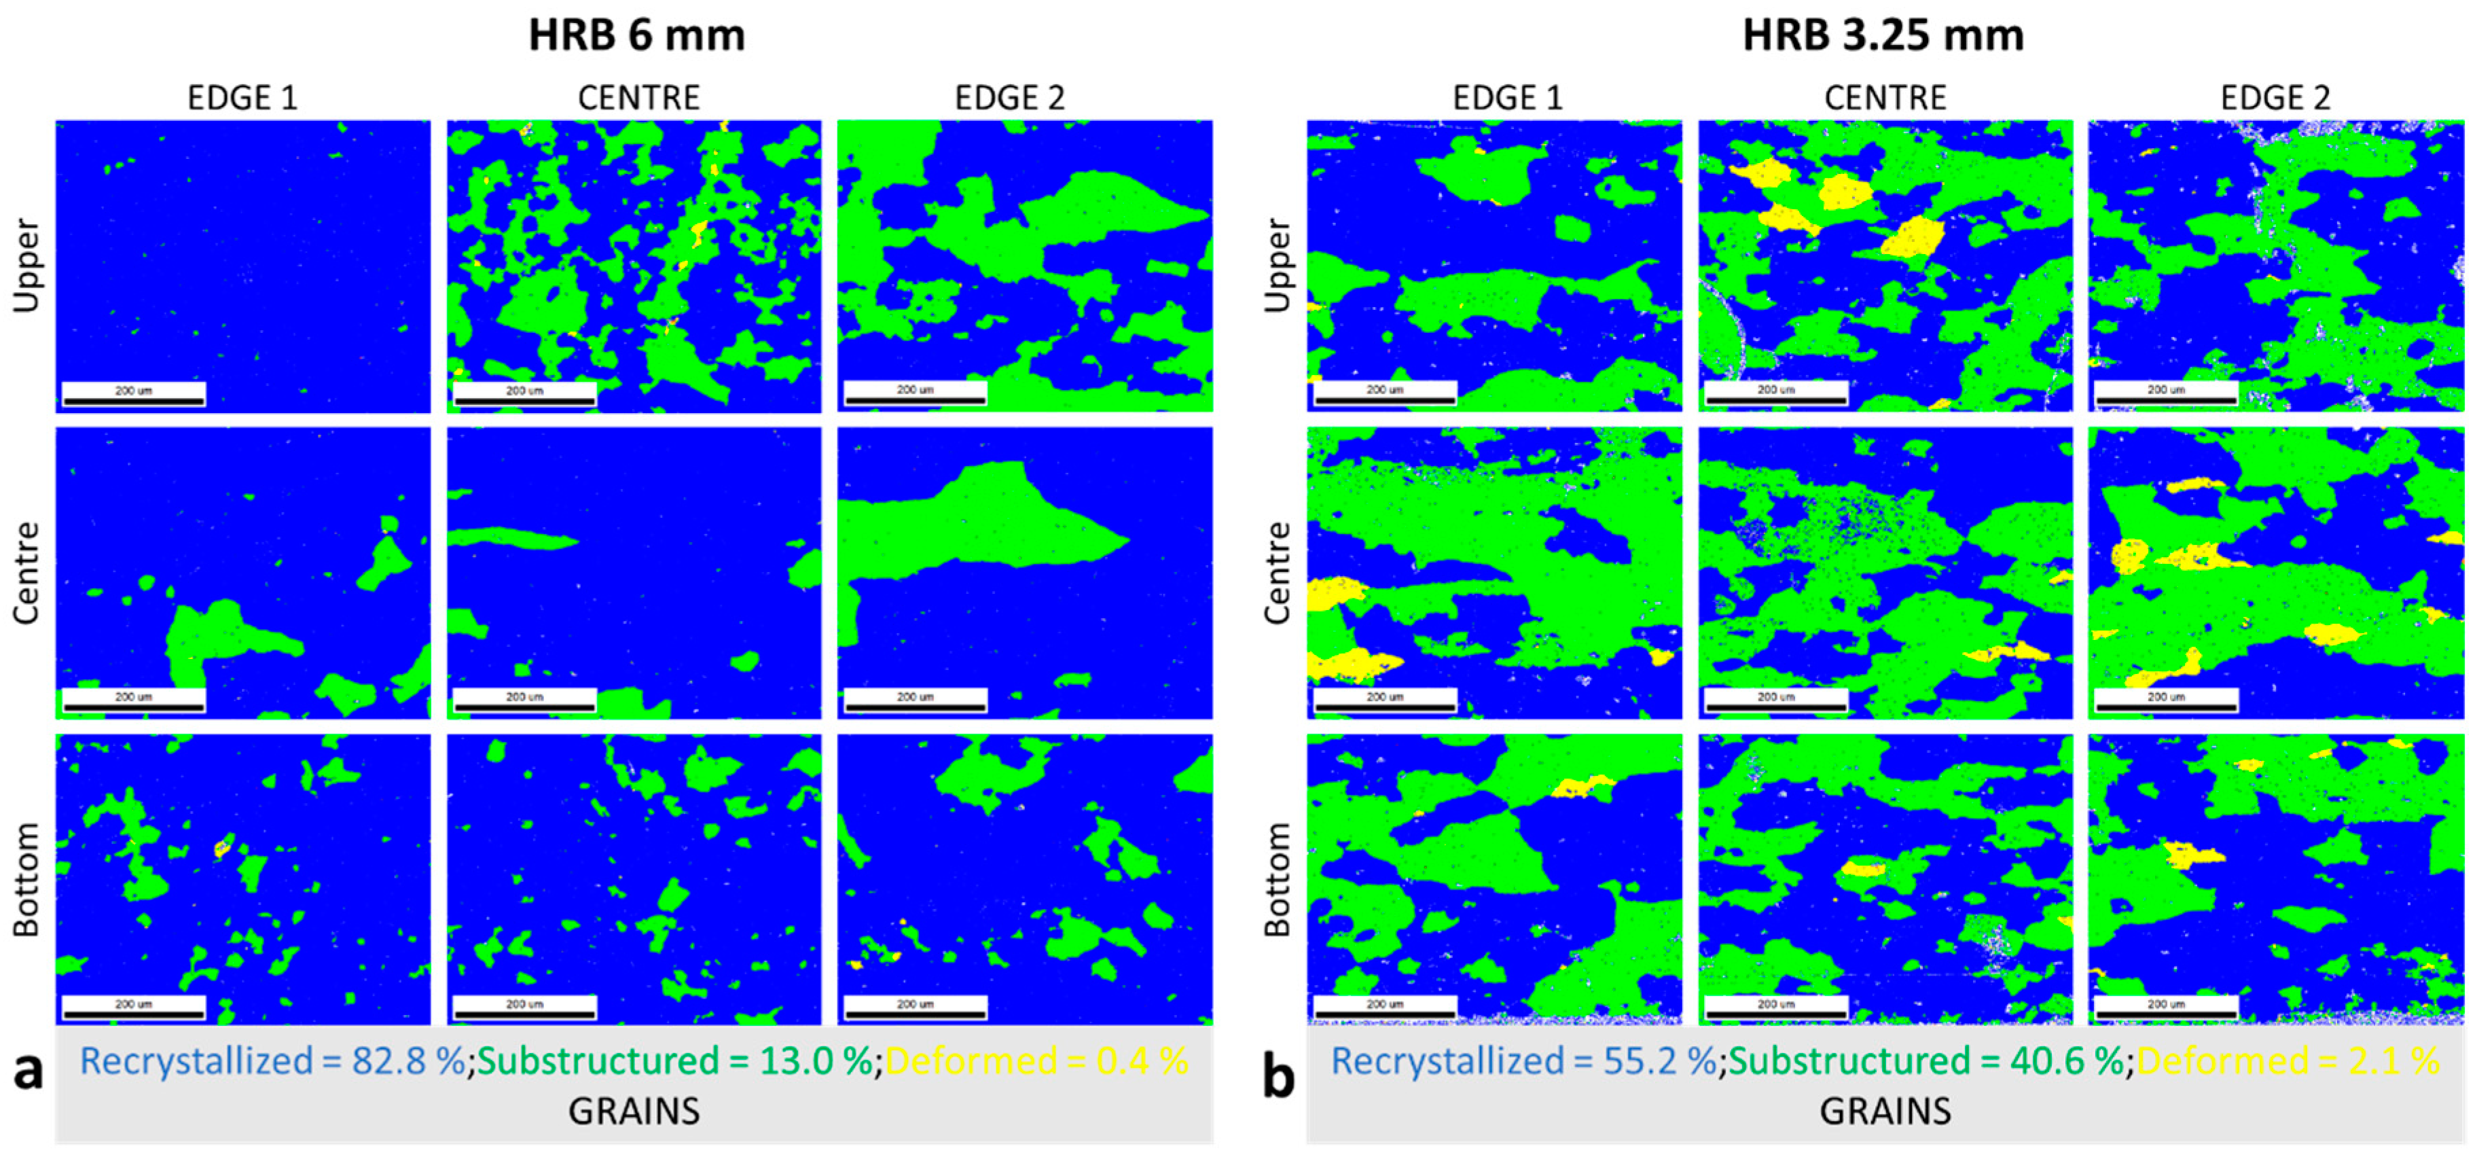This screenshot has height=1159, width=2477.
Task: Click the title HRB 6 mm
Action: point(636,35)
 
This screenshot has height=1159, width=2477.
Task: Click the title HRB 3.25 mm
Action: point(1883,35)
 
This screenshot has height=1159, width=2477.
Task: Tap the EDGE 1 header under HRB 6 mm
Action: point(242,97)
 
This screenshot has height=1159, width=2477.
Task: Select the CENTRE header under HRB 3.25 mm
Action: point(1885,97)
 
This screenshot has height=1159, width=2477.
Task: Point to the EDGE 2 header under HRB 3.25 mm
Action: point(2275,97)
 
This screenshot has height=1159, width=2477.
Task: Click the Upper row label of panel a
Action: point(27,266)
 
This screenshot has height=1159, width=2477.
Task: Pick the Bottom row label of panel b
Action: point(1277,879)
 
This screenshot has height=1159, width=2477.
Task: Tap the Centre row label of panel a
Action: point(27,573)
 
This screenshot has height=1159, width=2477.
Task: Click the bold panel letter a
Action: point(29,1071)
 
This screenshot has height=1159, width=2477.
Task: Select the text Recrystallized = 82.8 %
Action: point(273,1061)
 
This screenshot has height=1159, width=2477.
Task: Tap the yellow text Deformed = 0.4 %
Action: point(1036,1061)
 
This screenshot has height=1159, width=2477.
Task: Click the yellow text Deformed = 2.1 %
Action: point(2288,1061)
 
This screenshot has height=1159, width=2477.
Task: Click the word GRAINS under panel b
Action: point(1885,1111)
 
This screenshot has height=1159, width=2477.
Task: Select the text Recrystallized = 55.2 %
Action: point(1524,1061)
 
